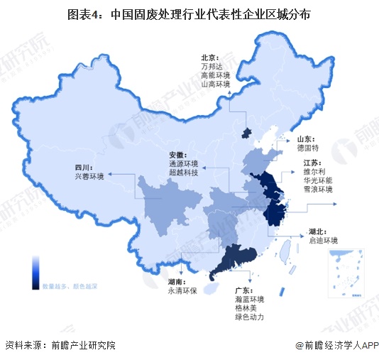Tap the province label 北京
208,58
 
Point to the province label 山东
306,140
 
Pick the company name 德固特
309,149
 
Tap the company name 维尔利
314,172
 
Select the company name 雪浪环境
318,190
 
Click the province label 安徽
177,155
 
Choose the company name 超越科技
182,173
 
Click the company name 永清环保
180,291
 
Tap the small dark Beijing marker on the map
246,133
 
